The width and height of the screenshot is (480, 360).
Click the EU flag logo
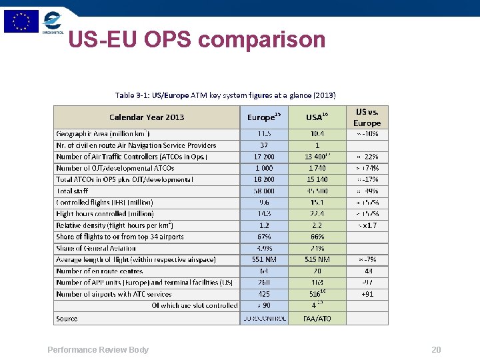click(21, 21)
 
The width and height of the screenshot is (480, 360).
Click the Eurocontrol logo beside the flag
click(53, 21)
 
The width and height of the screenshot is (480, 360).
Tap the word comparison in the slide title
click(262, 40)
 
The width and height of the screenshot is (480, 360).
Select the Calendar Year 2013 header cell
click(147, 117)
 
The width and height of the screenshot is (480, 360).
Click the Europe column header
click(263, 117)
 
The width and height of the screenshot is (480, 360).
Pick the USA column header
click(316, 117)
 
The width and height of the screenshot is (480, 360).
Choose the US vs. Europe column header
click(367, 117)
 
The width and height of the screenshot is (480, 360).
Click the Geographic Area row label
click(111, 133)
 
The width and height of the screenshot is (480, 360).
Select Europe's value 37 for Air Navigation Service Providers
click(263, 145)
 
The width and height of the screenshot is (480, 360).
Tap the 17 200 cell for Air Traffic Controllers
click(263, 157)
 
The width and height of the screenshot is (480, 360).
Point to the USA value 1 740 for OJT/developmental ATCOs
click(316, 168)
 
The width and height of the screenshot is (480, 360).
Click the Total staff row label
click(73, 191)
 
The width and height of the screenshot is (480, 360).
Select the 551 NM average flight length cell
click(263, 259)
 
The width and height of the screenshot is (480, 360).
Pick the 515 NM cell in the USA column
click(316, 259)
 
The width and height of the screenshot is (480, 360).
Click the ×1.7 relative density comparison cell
click(367, 225)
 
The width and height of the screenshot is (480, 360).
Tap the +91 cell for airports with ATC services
click(367, 294)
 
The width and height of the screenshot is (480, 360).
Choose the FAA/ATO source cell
click(316, 319)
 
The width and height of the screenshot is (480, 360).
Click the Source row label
click(67, 319)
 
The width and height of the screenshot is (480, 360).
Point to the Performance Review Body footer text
click(98, 350)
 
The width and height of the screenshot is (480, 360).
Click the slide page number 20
click(436, 350)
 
